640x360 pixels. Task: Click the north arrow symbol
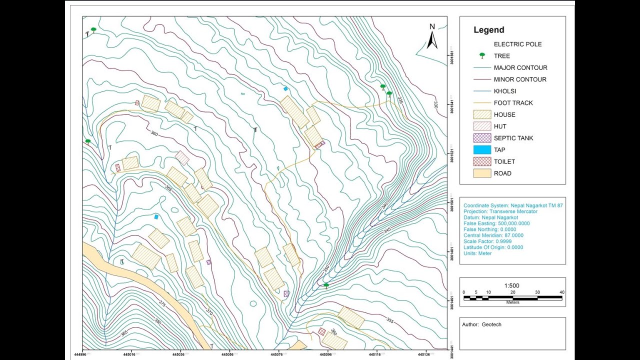click(x=432, y=37)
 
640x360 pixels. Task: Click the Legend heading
click(x=488, y=30)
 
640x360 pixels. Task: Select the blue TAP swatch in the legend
click(x=482, y=150)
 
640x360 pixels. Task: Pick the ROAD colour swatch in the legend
click(x=482, y=173)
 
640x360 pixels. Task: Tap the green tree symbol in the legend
click(x=482, y=56)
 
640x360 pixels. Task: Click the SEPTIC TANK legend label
click(x=513, y=138)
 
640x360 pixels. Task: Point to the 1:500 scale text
click(x=512, y=286)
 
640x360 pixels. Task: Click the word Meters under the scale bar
click(x=512, y=302)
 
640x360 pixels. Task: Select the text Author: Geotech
click(x=481, y=324)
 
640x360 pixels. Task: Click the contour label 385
click(x=123, y=333)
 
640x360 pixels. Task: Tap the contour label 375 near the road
click(x=162, y=303)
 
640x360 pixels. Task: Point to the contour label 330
click(x=435, y=105)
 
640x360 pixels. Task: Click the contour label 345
click(x=387, y=230)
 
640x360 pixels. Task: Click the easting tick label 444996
click(x=83, y=354)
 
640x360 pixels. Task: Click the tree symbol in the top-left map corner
click(x=93, y=30)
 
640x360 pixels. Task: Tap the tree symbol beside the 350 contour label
click(x=326, y=285)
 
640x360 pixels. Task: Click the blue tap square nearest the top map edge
click(x=285, y=88)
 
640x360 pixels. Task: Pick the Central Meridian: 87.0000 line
click(x=493, y=235)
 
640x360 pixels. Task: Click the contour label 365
click(x=168, y=189)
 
